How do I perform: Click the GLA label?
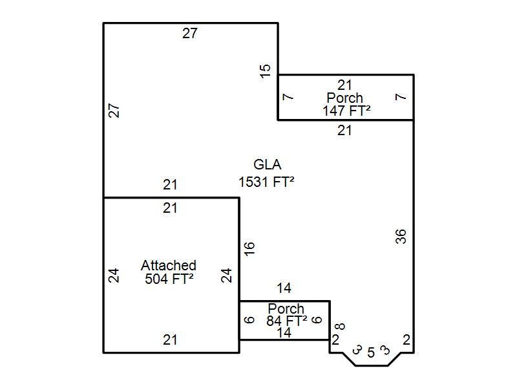(267, 165)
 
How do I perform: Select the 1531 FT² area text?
(266, 182)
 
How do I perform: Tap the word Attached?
(169, 265)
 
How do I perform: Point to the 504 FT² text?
(169, 279)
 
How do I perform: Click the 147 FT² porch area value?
(346, 111)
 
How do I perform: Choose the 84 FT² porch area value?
(286, 320)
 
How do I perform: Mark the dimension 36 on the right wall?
(401, 237)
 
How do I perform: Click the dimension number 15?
(265, 71)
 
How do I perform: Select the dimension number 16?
(249, 248)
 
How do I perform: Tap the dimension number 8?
(340, 327)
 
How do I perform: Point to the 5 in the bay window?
(371, 352)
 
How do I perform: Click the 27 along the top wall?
(190, 34)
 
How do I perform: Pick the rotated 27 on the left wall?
(114, 111)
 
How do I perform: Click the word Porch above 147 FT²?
(344, 98)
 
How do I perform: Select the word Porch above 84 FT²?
(286, 309)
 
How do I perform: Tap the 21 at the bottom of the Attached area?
(170, 340)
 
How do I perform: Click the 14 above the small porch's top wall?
(284, 288)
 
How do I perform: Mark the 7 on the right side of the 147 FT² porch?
(401, 97)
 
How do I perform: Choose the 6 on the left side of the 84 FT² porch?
(249, 319)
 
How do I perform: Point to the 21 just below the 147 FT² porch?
(344, 131)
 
